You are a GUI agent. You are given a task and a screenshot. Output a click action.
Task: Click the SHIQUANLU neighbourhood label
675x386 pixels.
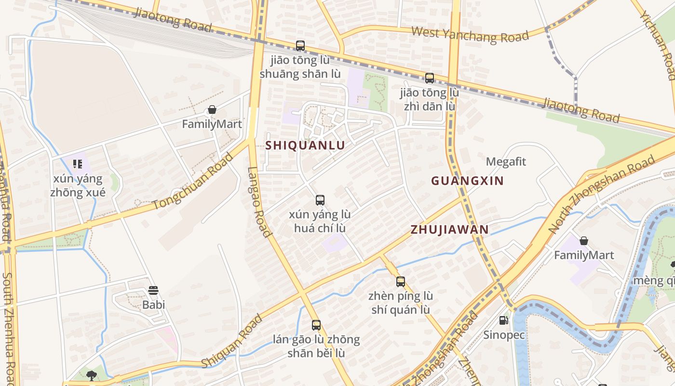point(305,145)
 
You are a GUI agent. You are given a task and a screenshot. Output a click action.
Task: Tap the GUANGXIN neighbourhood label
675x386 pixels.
point(467,181)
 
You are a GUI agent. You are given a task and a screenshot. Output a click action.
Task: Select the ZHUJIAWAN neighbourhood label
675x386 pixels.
point(449,230)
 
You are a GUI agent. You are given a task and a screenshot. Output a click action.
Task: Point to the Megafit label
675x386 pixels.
point(506,162)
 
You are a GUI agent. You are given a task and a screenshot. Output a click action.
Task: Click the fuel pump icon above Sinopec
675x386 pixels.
point(503,320)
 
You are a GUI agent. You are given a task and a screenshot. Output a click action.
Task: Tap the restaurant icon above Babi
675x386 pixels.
point(153,290)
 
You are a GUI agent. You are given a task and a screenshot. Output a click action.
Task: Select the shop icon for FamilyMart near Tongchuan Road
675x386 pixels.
point(212,110)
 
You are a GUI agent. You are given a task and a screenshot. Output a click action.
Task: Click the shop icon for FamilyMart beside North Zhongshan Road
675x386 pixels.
point(584,240)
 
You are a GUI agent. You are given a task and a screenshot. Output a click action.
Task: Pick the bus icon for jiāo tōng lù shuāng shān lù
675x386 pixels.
point(300,46)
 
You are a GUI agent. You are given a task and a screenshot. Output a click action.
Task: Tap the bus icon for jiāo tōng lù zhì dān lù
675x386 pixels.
point(429,78)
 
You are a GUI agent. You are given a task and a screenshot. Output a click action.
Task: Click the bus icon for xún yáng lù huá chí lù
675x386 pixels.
point(320,200)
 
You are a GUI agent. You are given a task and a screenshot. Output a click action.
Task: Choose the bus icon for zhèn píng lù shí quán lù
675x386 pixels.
point(400,282)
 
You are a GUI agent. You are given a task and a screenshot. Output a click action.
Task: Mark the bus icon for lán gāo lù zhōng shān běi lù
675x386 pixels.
point(316,325)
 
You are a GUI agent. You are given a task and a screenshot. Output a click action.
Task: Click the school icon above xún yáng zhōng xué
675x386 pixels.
point(78,164)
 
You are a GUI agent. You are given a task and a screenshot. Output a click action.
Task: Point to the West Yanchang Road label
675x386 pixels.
point(470,35)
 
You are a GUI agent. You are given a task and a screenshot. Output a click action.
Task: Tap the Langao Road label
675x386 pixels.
point(259,202)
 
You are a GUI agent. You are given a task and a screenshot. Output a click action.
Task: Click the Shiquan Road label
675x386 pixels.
point(232,341)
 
